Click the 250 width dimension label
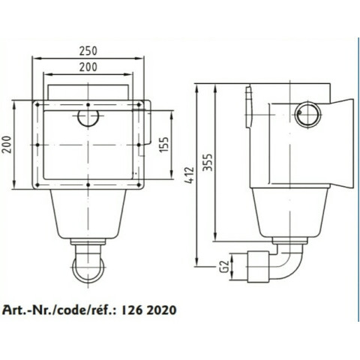coord(88,51)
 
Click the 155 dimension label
coord(164,144)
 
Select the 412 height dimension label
coord(189,175)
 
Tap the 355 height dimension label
coord(208,162)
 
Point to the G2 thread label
coord(225,266)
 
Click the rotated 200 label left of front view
coord(7,145)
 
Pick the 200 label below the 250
coord(88,67)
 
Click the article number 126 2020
coord(149,310)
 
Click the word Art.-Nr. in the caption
coord(28,310)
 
